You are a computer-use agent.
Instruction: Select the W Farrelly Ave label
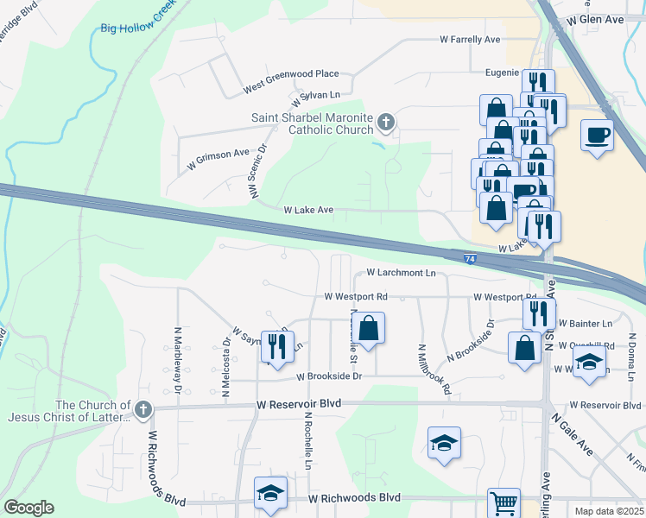tap(470, 40)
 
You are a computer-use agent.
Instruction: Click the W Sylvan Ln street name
tap(315, 94)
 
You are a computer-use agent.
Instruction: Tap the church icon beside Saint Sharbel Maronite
tap(385, 123)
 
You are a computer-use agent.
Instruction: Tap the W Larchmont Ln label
tap(401, 272)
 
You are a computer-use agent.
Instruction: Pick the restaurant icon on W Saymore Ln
tap(277, 345)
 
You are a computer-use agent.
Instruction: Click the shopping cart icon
tap(504, 502)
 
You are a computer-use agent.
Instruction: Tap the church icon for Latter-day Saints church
tap(143, 409)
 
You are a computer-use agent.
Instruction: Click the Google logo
tap(28, 508)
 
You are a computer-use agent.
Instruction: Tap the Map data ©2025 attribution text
tap(609, 511)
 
